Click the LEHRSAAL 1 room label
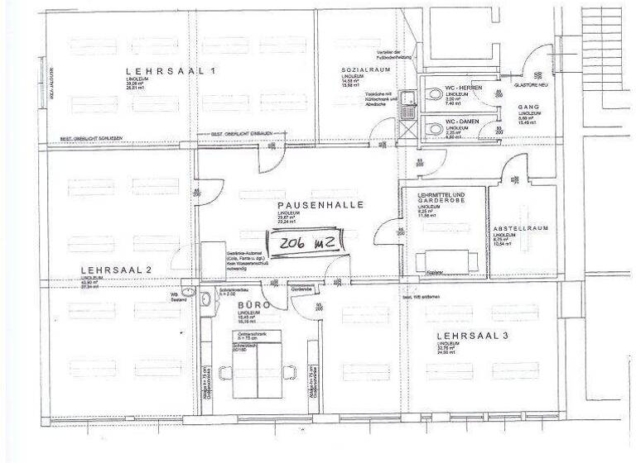pyautogui.click(x=170, y=72)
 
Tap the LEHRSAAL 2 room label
pyautogui.click(x=115, y=270)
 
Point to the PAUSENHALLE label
pyautogui.click(x=320, y=204)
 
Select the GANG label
pyautogui.click(x=528, y=107)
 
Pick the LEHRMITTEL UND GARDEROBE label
pyautogui.click(x=441, y=197)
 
